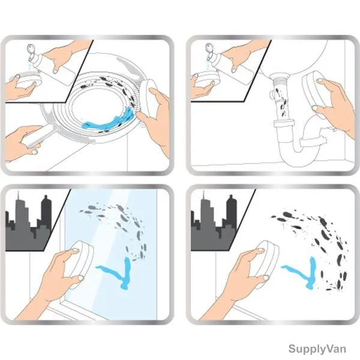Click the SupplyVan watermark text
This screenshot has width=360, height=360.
[x=317, y=349]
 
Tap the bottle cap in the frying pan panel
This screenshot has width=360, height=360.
[x=31, y=49]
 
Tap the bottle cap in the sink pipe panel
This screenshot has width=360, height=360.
[x=210, y=48]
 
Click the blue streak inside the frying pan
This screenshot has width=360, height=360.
[x=109, y=120]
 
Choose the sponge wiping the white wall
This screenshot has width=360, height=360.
[x=266, y=261]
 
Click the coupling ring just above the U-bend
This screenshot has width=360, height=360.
[x=284, y=123]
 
